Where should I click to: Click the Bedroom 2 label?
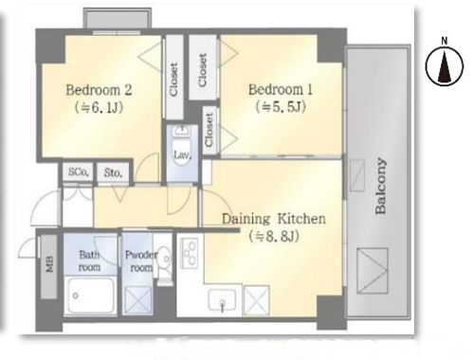click(x=99, y=90)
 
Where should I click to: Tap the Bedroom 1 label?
click(x=281, y=90)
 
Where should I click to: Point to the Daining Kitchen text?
click(x=274, y=219)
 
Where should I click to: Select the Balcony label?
click(x=380, y=186)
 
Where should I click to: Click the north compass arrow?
click(x=445, y=66)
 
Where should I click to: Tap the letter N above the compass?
click(x=445, y=41)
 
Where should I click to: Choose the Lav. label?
click(x=182, y=155)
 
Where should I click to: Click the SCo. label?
click(x=79, y=172)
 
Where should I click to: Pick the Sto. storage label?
click(x=113, y=172)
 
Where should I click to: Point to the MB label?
click(x=49, y=263)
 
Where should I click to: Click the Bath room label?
click(x=90, y=261)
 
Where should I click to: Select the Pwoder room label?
click(x=141, y=261)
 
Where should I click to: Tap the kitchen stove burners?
click(x=190, y=254)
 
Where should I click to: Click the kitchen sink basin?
click(x=222, y=300)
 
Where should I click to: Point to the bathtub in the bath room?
click(x=91, y=297)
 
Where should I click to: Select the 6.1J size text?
click(x=99, y=108)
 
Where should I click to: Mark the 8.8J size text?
click(x=274, y=236)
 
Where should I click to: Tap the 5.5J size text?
click(x=281, y=107)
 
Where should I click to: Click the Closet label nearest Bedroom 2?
click(x=173, y=80)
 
